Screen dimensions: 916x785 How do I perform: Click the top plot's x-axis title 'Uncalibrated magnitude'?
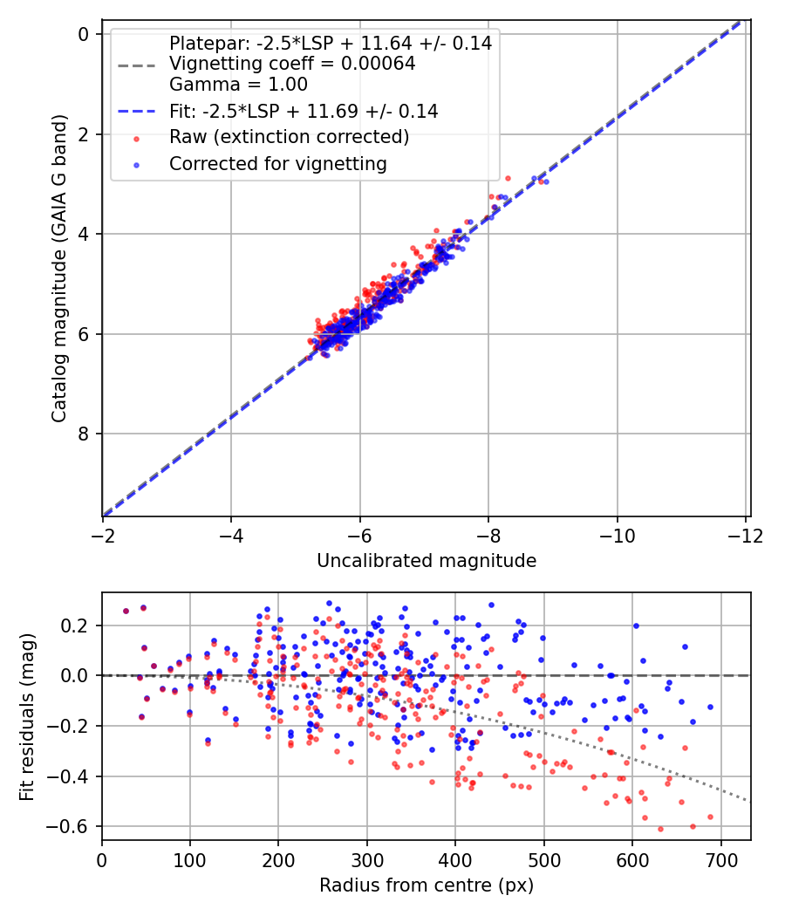426,560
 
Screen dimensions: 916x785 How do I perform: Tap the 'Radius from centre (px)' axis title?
426,885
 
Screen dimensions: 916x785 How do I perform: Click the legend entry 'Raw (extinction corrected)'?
289,137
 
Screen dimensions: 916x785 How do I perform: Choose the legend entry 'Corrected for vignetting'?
277,163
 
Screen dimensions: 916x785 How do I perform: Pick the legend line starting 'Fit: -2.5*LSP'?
303,111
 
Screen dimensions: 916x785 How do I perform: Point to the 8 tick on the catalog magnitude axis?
85,434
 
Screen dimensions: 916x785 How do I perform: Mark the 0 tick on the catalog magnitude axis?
85,34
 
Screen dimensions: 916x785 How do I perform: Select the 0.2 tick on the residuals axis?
78,625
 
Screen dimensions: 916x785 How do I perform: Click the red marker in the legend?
136,138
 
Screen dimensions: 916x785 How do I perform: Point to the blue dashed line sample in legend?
136,111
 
